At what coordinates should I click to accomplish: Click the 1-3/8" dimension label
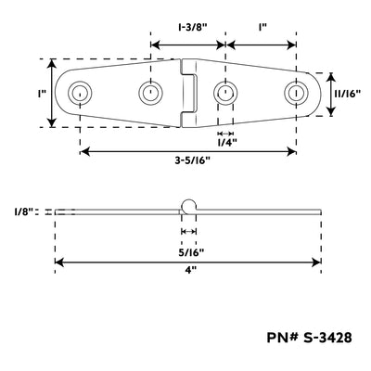pyautogui.click(x=192, y=27)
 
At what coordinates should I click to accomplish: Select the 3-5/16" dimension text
pyautogui.click(x=192, y=160)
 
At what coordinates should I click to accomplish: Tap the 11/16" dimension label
pyautogui.click(x=348, y=94)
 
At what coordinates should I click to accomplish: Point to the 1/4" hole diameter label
pyautogui.click(x=227, y=143)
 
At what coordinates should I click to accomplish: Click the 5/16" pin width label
pyautogui.click(x=191, y=252)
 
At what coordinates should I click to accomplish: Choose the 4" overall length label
pyautogui.click(x=191, y=270)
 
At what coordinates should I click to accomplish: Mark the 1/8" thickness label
pyautogui.click(x=23, y=211)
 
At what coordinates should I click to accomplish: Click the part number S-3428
pyautogui.click(x=309, y=338)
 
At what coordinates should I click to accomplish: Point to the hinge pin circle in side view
pyautogui.click(x=188, y=199)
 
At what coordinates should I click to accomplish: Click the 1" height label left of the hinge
pyautogui.click(x=42, y=94)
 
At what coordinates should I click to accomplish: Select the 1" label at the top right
pyautogui.click(x=262, y=27)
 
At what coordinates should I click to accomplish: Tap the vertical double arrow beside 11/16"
pyautogui.click(x=331, y=95)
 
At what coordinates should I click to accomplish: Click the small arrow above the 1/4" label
pyautogui.click(x=225, y=134)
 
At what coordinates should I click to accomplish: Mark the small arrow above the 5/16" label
pyautogui.click(x=188, y=231)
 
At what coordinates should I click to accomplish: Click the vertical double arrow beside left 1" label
pyautogui.click(x=52, y=93)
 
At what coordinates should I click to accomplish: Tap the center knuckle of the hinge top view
pyautogui.click(x=188, y=93)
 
